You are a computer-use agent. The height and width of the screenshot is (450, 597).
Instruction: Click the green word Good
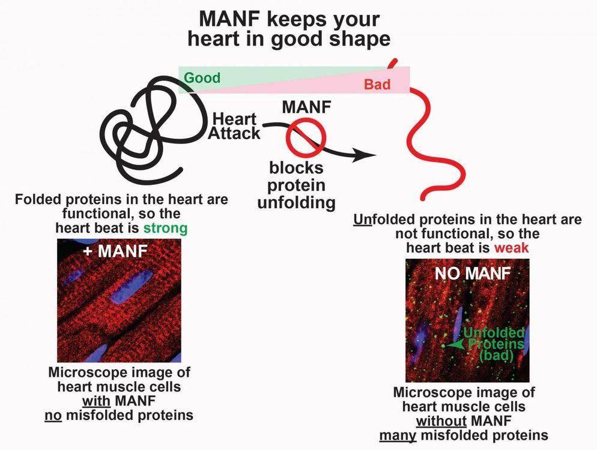(202, 78)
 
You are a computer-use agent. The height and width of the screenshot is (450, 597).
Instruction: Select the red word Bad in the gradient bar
(377, 85)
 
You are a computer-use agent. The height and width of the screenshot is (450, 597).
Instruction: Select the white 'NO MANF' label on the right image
(472, 274)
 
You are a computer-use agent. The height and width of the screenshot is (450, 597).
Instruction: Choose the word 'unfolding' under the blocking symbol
(296, 202)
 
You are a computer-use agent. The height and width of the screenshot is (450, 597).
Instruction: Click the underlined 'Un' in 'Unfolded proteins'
(362, 220)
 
